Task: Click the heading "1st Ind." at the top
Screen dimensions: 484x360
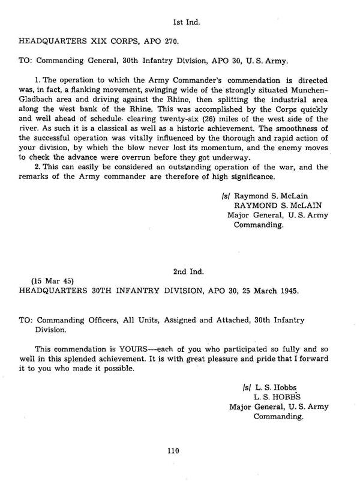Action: coord(186,22)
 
